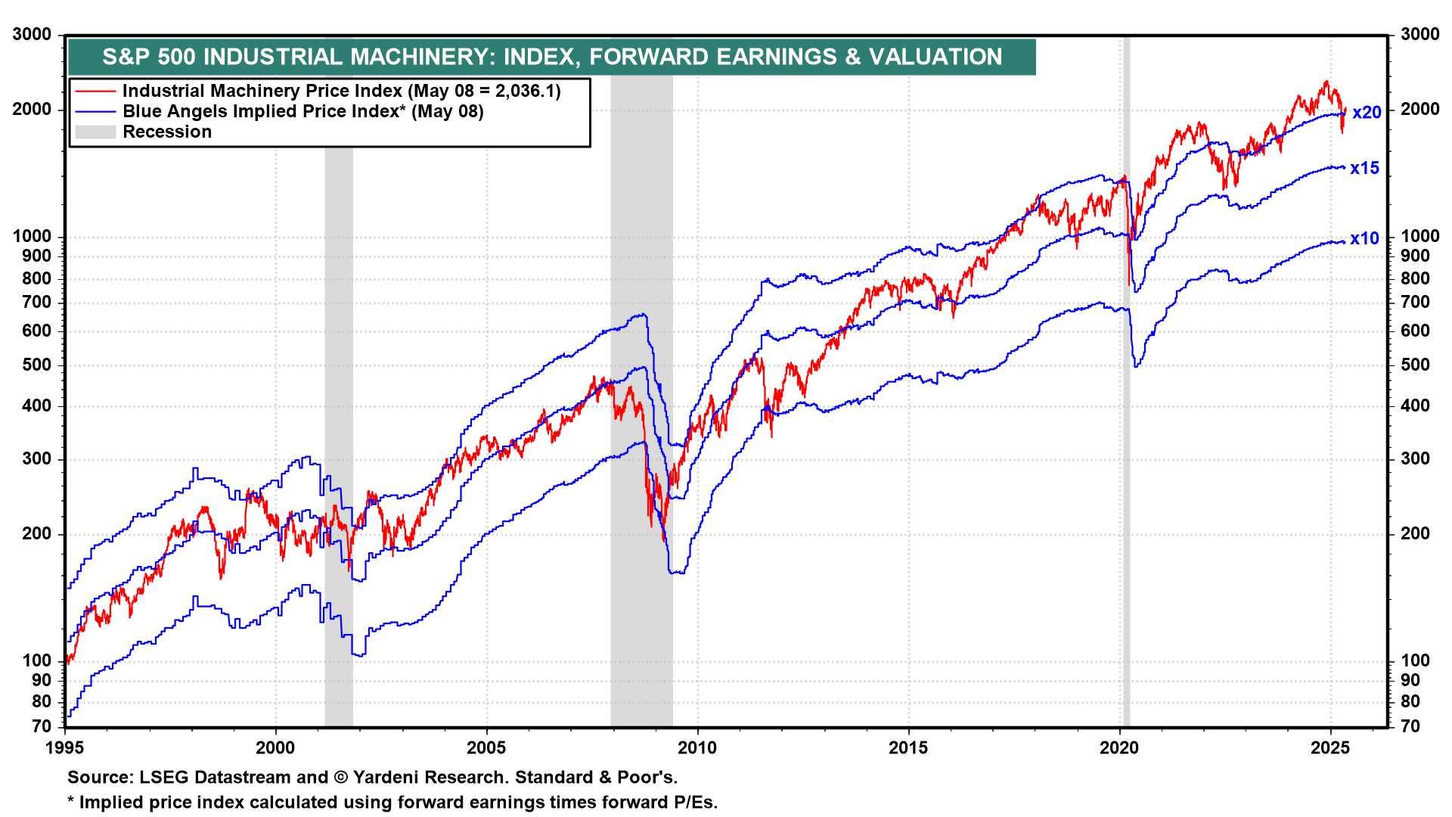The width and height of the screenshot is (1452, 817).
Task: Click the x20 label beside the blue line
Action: pyautogui.click(x=1367, y=113)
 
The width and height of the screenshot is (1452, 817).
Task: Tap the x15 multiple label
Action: pyautogui.click(x=1365, y=168)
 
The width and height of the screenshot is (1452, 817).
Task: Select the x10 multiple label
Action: pyautogui.click(x=1365, y=238)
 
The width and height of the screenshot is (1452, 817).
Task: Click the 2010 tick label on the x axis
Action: pyautogui.click(x=697, y=748)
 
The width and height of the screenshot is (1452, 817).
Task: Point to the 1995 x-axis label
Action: pyautogui.click(x=65, y=748)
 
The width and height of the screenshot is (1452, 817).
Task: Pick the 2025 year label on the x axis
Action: pyautogui.click(x=1329, y=748)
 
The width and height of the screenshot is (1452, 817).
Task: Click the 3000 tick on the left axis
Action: pyautogui.click(x=33, y=34)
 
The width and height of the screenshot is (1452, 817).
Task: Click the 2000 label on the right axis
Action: pyautogui.click(x=1420, y=110)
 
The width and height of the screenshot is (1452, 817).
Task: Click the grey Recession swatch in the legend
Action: pyautogui.click(x=95, y=132)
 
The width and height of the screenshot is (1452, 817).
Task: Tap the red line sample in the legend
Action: pyautogui.click(x=95, y=91)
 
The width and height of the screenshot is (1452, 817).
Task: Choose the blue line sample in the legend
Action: pyautogui.click(x=95, y=111)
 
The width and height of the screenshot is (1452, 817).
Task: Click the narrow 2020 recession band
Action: pyautogui.click(x=1126, y=378)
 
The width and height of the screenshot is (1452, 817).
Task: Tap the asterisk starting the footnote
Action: pyautogui.click(x=70, y=800)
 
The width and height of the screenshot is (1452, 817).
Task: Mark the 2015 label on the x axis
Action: pyautogui.click(x=907, y=748)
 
